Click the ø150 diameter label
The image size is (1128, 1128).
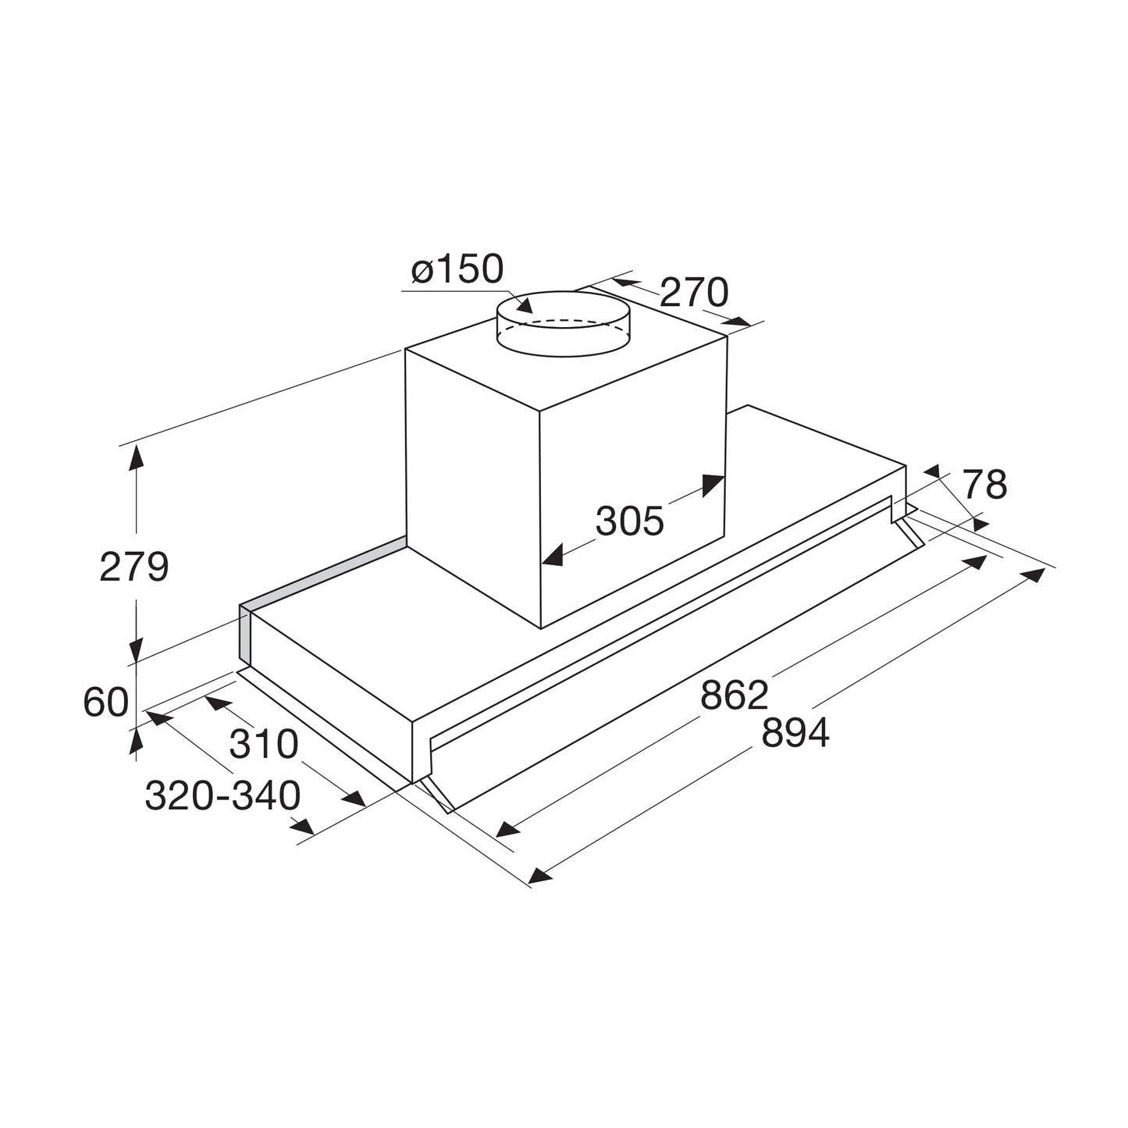[457, 269]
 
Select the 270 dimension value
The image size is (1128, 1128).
[693, 293]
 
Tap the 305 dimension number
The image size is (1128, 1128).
[629, 521]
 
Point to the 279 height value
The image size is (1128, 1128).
[133, 567]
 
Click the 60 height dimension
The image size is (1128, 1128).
[105, 703]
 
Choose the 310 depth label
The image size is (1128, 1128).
[264, 744]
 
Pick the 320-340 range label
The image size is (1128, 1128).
[222, 796]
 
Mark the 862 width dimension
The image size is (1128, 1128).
[735, 695]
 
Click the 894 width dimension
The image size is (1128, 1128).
[795, 733]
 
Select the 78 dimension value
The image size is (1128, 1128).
[984, 485]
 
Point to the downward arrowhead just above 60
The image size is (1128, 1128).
[137, 647]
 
